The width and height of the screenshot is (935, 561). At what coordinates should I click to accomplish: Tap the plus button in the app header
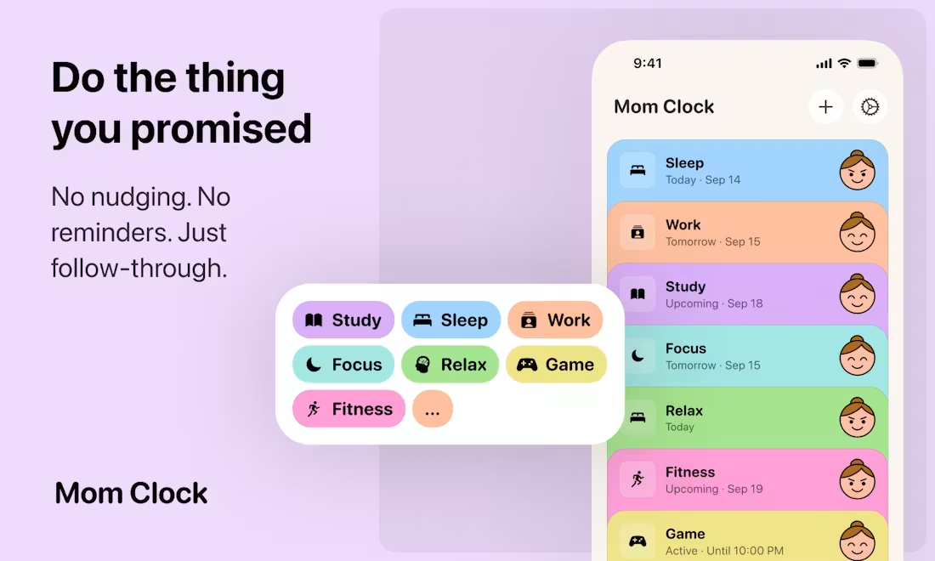825,107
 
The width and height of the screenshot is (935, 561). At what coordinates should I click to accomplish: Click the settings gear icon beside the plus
870,107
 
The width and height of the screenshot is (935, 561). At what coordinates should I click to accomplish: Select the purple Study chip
343,320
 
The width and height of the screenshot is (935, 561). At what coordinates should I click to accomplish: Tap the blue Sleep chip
450,320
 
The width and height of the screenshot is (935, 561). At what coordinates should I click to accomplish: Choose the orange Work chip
555,320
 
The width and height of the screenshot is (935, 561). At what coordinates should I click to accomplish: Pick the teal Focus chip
343,365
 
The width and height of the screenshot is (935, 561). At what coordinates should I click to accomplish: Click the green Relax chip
450,365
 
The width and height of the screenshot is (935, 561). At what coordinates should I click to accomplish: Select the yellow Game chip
556,365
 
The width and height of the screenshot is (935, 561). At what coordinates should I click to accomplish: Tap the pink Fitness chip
348,409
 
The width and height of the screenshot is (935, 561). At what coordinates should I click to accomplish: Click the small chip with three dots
433,409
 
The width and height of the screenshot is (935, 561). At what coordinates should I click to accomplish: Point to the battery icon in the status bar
867,63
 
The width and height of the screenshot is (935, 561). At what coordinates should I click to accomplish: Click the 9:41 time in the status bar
648,63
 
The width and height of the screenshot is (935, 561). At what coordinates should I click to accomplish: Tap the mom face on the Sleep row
857,171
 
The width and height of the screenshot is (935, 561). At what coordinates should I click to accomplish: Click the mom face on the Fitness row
857,479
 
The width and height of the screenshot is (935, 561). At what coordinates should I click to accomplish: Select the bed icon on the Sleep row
637,171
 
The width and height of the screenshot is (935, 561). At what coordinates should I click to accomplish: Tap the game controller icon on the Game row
637,541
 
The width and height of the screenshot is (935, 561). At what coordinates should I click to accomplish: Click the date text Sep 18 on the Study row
745,303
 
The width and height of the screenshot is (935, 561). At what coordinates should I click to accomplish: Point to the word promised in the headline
221,129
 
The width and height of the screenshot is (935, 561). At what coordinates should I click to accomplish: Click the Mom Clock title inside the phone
664,107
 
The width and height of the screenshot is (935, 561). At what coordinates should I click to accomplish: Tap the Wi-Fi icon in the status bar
844,63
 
